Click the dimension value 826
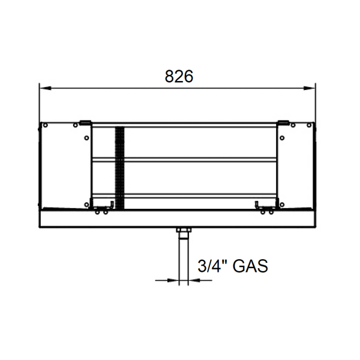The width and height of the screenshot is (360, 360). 179,77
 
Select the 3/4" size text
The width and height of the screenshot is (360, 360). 209,265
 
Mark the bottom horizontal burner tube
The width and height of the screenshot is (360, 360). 186,193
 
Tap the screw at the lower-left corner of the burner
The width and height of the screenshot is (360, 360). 87,206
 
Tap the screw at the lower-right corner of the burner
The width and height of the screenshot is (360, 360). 277,205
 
